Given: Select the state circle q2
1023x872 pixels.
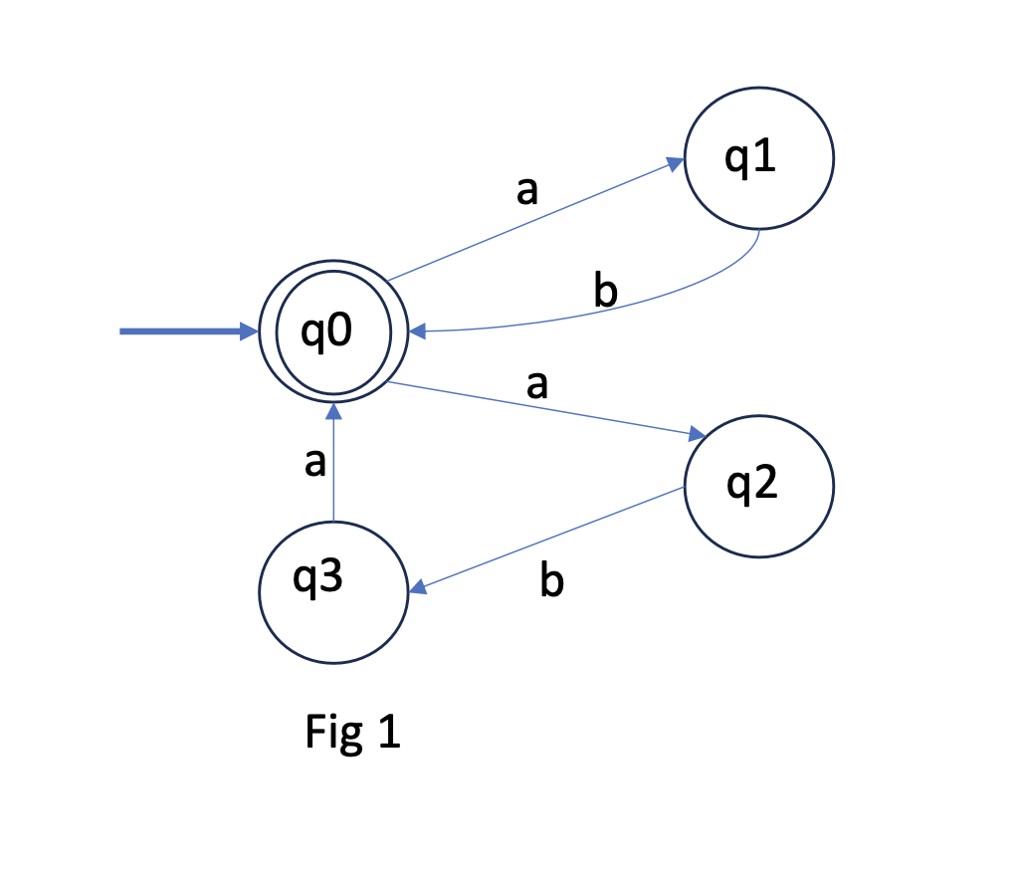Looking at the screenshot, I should coord(758,487).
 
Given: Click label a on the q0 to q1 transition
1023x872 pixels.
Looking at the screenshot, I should coord(527,189).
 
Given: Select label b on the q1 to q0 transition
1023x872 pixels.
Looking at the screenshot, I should coord(605,292).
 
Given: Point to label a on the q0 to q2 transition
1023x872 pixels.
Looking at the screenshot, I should coord(537,384).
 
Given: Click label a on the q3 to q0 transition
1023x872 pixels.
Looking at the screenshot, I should coord(314,463).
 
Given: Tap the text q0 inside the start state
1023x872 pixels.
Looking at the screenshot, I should coord(327,332).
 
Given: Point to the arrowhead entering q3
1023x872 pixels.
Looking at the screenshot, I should coord(417,590).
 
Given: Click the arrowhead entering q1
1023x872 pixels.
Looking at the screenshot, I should coord(676,161).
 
